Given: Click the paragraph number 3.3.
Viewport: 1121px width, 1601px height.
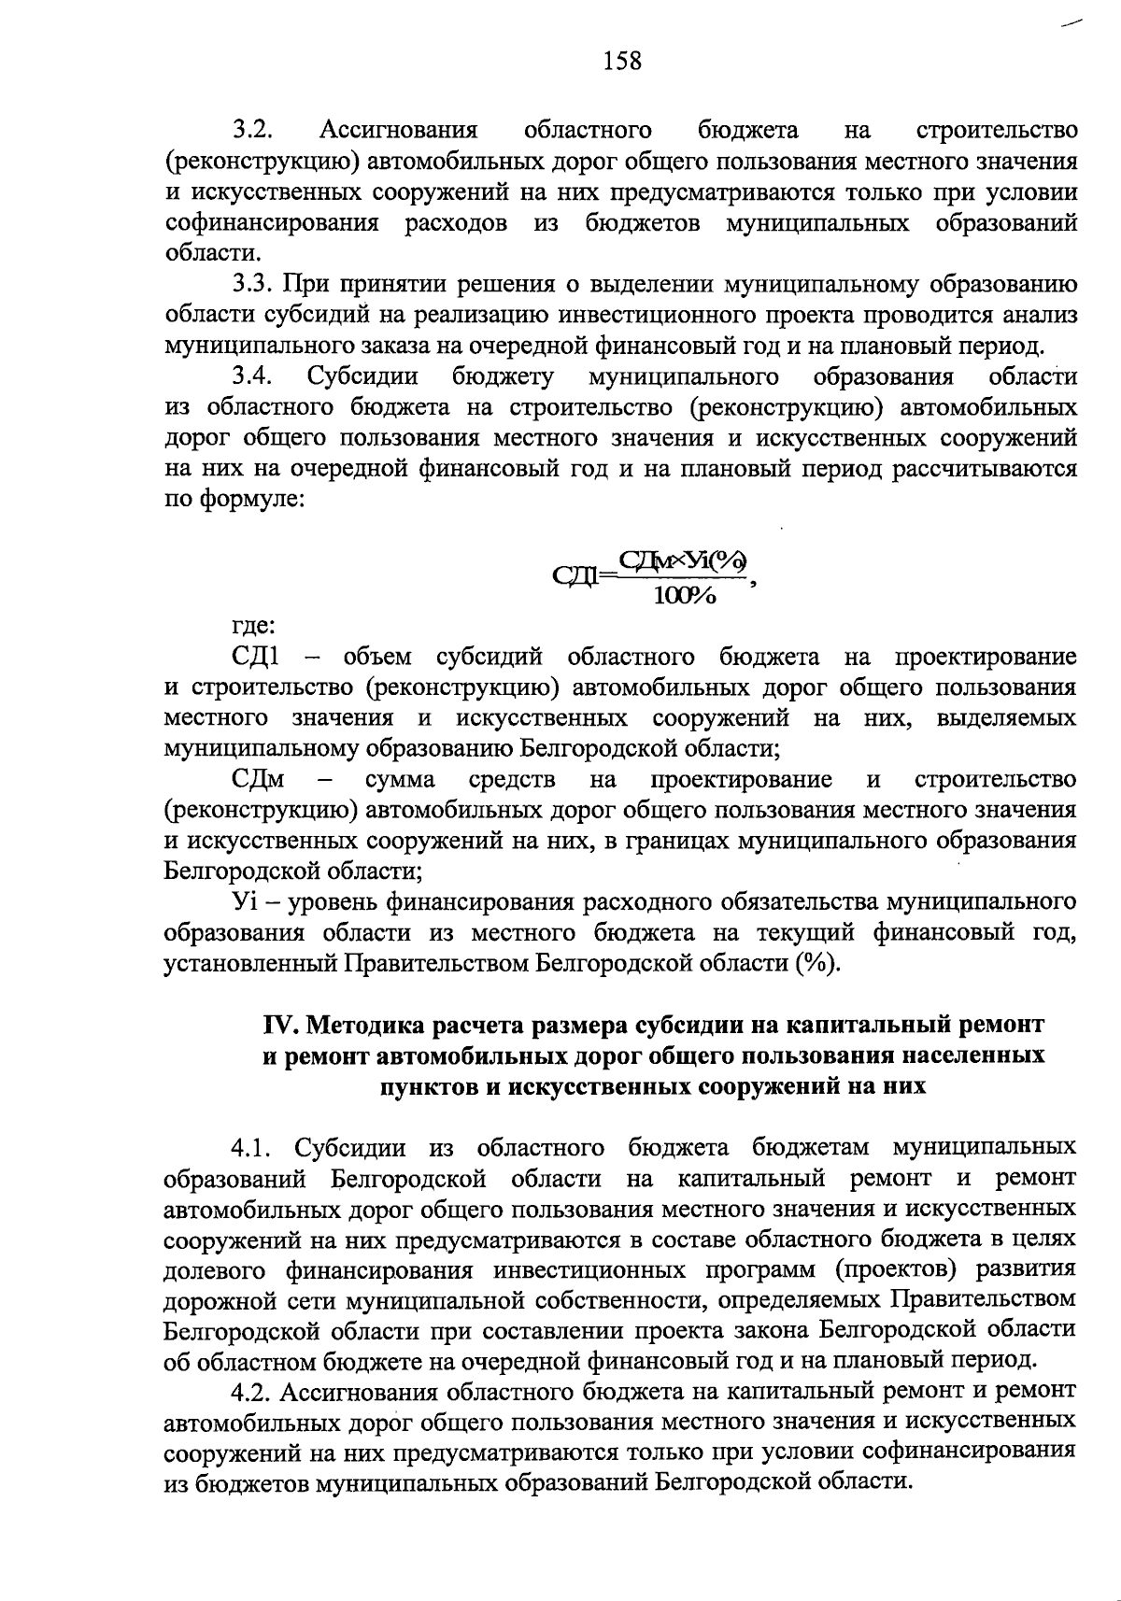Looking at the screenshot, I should click(252, 284).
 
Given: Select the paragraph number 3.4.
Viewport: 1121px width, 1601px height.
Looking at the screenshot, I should click(252, 376).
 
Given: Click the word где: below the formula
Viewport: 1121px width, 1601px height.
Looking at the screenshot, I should click(252, 626).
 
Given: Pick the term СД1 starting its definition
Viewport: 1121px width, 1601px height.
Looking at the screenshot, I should click(254, 657).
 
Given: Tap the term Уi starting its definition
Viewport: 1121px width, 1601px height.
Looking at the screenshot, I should click(245, 902).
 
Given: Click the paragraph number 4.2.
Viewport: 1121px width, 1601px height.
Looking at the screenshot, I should click(252, 1392).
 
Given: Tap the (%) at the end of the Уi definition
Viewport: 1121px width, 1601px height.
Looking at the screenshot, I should click(816, 963).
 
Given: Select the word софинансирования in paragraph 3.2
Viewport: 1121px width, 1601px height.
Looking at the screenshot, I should click(272, 223).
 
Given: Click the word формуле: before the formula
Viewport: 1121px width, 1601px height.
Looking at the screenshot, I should click(249, 500).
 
